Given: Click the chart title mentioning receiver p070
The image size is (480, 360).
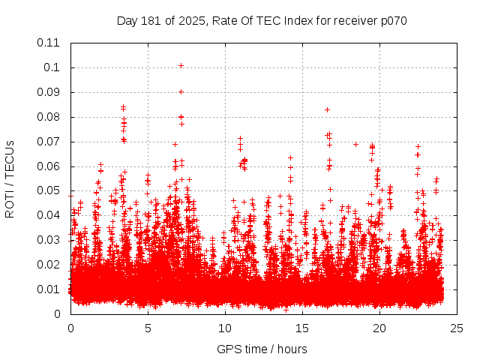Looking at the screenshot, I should (x=262, y=20).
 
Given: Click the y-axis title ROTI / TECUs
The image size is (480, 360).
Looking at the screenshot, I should (x=10, y=178).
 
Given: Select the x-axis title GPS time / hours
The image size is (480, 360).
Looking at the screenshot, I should (x=262, y=349).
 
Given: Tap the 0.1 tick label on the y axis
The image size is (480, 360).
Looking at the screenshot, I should (x=54, y=67).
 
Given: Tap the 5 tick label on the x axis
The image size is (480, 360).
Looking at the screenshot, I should (x=148, y=328).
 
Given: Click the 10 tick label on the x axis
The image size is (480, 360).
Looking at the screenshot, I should (x=225, y=328).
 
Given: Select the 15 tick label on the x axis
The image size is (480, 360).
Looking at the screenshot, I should (x=302, y=328).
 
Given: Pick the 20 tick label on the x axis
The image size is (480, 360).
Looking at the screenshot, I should (x=379, y=328).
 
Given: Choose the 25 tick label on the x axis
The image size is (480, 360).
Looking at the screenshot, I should (x=456, y=328).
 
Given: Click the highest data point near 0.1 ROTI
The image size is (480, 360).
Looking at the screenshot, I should (x=181, y=66).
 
